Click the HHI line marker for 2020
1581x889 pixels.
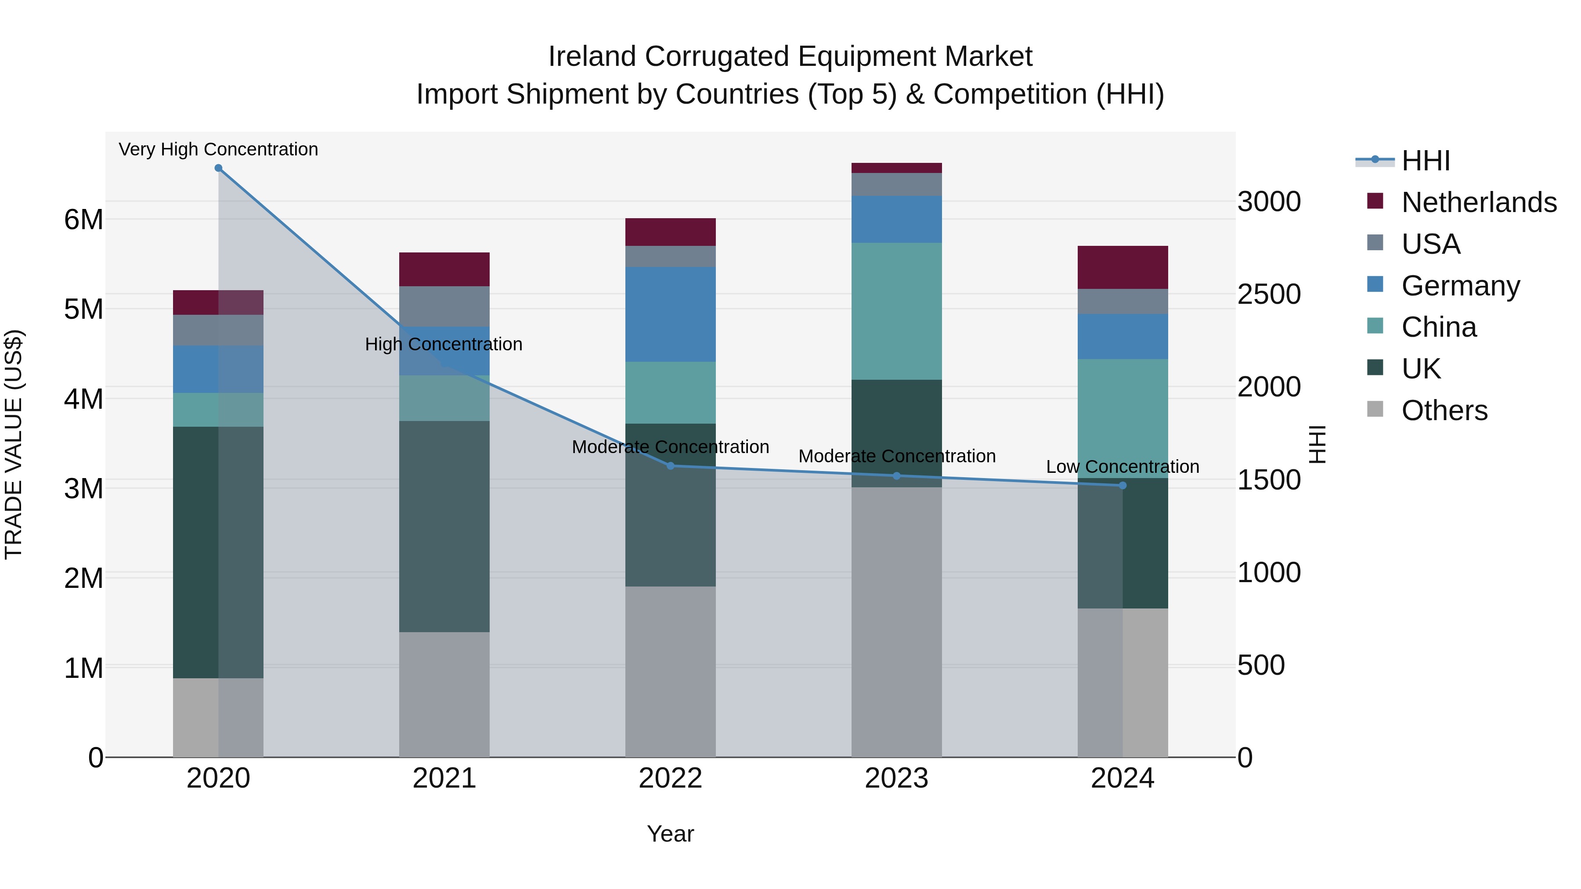(x=219, y=168)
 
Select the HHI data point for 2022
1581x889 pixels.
(x=670, y=466)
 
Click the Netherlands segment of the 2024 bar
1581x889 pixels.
(x=1123, y=267)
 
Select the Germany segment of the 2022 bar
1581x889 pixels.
(x=670, y=314)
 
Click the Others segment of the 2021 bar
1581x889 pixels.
(x=444, y=695)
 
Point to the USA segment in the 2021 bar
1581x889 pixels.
(x=444, y=306)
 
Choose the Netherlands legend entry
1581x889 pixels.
(x=1479, y=202)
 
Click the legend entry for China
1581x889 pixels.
(x=1439, y=328)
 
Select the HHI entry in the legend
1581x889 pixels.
(x=1425, y=161)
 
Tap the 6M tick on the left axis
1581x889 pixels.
(x=83, y=220)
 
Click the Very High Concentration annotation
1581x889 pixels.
(x=219, y=150)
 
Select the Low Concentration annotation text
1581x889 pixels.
(x=1123, y=467)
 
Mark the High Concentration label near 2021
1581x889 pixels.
(x=444, y=345)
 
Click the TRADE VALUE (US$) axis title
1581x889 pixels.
(x=14, y=444)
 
